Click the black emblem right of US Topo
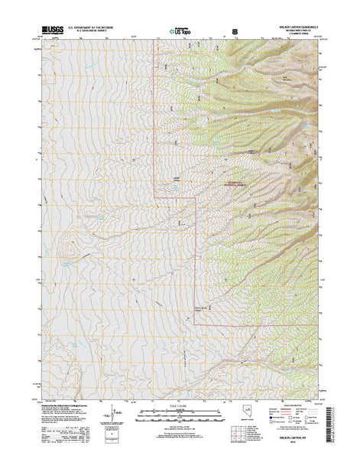tap(235, 32)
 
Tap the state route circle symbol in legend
tap(308, 424)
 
